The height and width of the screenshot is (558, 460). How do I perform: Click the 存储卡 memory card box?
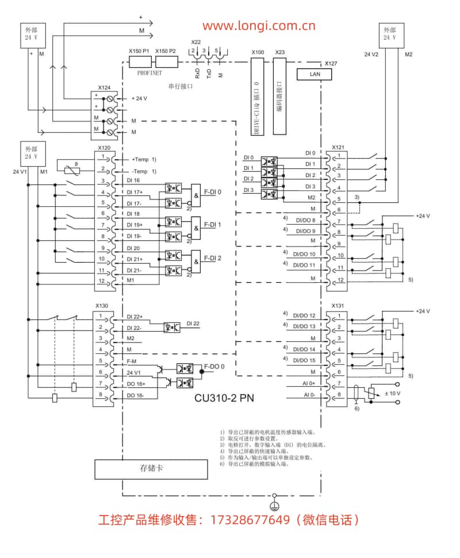(x=151, y=468)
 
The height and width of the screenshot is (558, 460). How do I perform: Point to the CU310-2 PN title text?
(x=224, y=396)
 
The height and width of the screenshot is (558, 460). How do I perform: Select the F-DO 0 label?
(x=214, y=367)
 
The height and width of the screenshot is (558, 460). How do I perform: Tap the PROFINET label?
(x=149, y=73)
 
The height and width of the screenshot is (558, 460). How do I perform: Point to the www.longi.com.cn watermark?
(x=258, y=26)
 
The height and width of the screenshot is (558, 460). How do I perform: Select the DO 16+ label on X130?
(x=136, y=383)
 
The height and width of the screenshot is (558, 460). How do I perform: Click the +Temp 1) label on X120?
(x=143, y=159)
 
